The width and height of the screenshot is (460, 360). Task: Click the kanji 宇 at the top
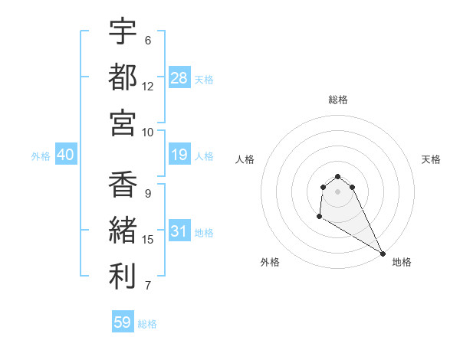click(123, 32)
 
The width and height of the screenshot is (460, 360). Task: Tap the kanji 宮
click(123, 122)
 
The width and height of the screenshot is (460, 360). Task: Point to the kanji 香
click(123, 185)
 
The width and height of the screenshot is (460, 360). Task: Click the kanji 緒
click(123, 230)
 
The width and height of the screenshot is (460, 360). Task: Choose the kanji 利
click(123, 275)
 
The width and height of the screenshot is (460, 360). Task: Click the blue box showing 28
click(179, 78)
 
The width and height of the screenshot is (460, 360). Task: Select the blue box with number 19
click(179, 155)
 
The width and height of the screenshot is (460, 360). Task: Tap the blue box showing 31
click(179, 231)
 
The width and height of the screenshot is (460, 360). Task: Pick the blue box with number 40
click(65, 155)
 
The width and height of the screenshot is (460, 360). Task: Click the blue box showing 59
click(123, 322)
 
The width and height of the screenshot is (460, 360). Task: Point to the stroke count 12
click(148, 87)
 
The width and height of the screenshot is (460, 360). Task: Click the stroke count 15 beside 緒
click(148, 240)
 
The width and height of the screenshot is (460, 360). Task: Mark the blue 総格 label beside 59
click(147, 324)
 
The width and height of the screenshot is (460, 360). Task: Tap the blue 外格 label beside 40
click(41, 156)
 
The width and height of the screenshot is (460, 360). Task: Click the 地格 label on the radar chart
click(402, 262)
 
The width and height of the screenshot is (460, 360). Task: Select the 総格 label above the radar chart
click(337, 100)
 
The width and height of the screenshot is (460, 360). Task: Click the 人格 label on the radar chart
click(245, 159)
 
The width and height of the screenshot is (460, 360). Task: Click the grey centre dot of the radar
click(337, 191)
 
